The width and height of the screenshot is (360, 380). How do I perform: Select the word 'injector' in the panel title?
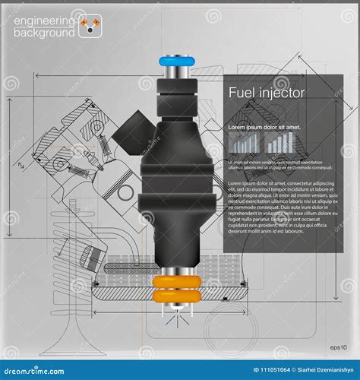coord(281,93)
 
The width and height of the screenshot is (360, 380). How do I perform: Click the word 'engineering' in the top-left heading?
coord(44,18)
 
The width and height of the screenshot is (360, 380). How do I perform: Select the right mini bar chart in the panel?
coord(280,142)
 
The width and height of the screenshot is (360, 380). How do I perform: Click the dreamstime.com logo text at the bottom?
coord(38,371)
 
